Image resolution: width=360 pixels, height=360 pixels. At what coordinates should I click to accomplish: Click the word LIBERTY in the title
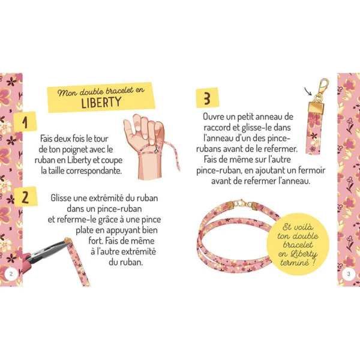100,102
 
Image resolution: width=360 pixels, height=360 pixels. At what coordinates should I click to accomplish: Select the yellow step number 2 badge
25,197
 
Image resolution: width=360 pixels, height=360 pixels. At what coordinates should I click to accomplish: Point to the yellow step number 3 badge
206,97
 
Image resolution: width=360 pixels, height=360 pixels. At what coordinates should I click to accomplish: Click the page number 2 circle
10,274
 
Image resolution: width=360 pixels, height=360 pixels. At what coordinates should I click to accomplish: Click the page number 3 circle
349,274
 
